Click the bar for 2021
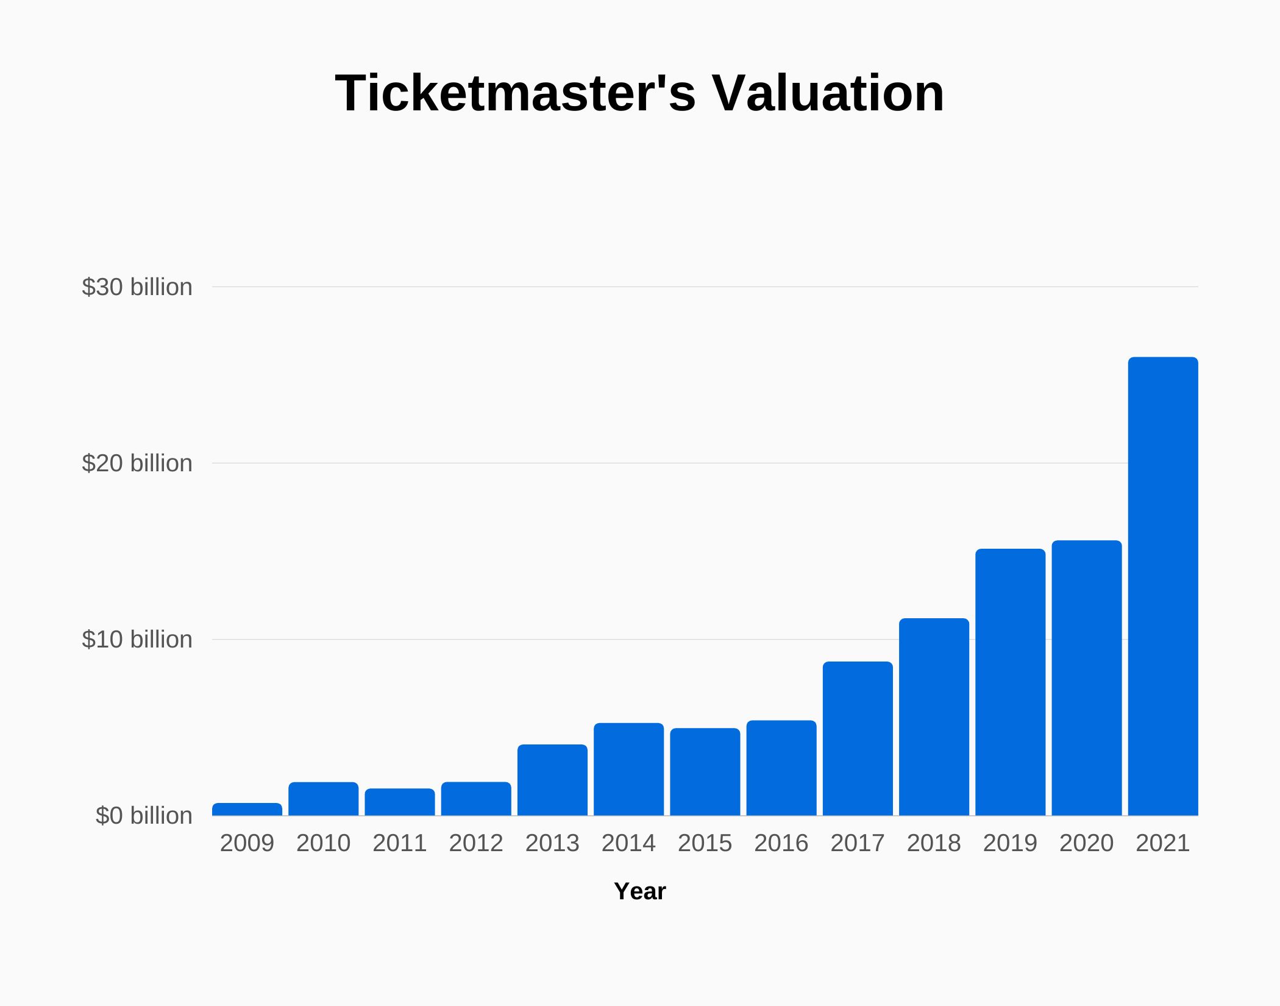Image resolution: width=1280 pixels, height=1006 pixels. [1163, 587]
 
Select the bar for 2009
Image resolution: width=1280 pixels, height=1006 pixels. [247, 809]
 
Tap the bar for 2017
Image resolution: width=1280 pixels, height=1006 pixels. [858, 738]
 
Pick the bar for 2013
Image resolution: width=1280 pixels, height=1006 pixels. [552, 780]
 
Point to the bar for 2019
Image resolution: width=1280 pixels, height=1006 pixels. [1010, 682]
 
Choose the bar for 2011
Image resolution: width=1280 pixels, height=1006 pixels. [400, 802]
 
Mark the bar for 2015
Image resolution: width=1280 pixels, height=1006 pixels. [705, 772]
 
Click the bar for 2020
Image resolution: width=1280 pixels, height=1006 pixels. [1086, 678]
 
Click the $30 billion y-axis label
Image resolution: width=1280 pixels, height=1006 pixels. [137, 287]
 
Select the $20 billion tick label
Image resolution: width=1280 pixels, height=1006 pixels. [137, 463]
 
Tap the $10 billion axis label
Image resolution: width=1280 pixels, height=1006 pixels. [137, 640]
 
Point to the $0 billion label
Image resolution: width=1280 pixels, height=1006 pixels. [144, 816]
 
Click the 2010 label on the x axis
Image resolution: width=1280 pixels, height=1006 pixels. [323, 843]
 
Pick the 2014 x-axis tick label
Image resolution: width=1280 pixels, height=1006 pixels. [628, 843]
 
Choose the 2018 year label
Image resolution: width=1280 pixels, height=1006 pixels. [934, 843]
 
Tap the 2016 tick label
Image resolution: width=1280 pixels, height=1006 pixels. [781, 843]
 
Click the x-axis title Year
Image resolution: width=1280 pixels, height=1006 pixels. [639, 891]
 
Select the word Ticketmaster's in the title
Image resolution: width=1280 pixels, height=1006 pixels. [515, 93]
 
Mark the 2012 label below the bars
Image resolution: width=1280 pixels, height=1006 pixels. [476, 843]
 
